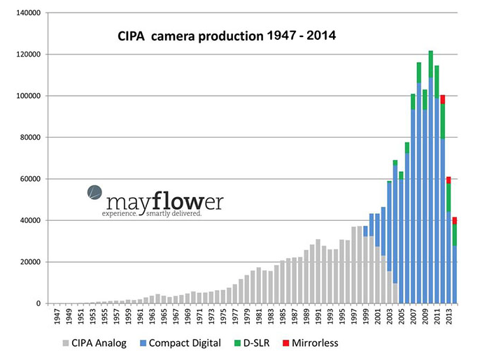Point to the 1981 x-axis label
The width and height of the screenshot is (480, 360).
tap(259, 316)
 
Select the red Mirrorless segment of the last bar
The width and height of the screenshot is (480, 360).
tap(455, 221)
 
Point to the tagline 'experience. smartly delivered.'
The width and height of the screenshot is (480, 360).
tap(153, 213)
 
